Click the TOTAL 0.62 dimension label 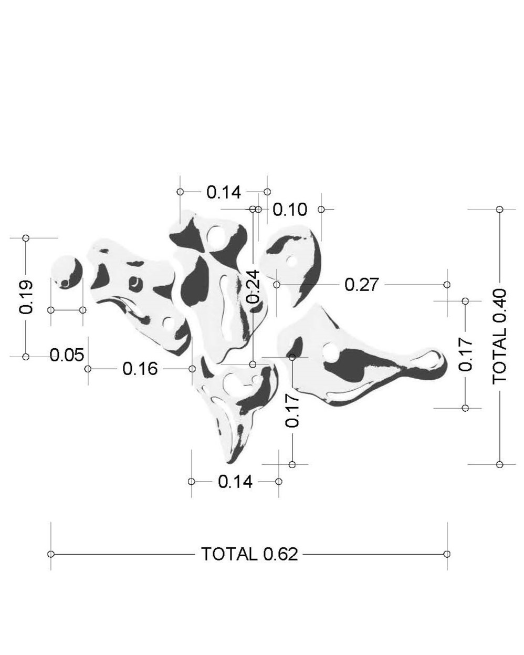pos(249,554)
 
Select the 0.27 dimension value pos(362,285)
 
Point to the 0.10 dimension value pos(290,210)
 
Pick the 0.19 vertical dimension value pos(26,297)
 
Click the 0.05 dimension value pos(67,355)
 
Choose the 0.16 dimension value pos(140,369)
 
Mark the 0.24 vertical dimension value pos(253,287)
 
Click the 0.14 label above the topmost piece pos(224,192)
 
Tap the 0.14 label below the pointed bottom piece pos(235,482)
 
